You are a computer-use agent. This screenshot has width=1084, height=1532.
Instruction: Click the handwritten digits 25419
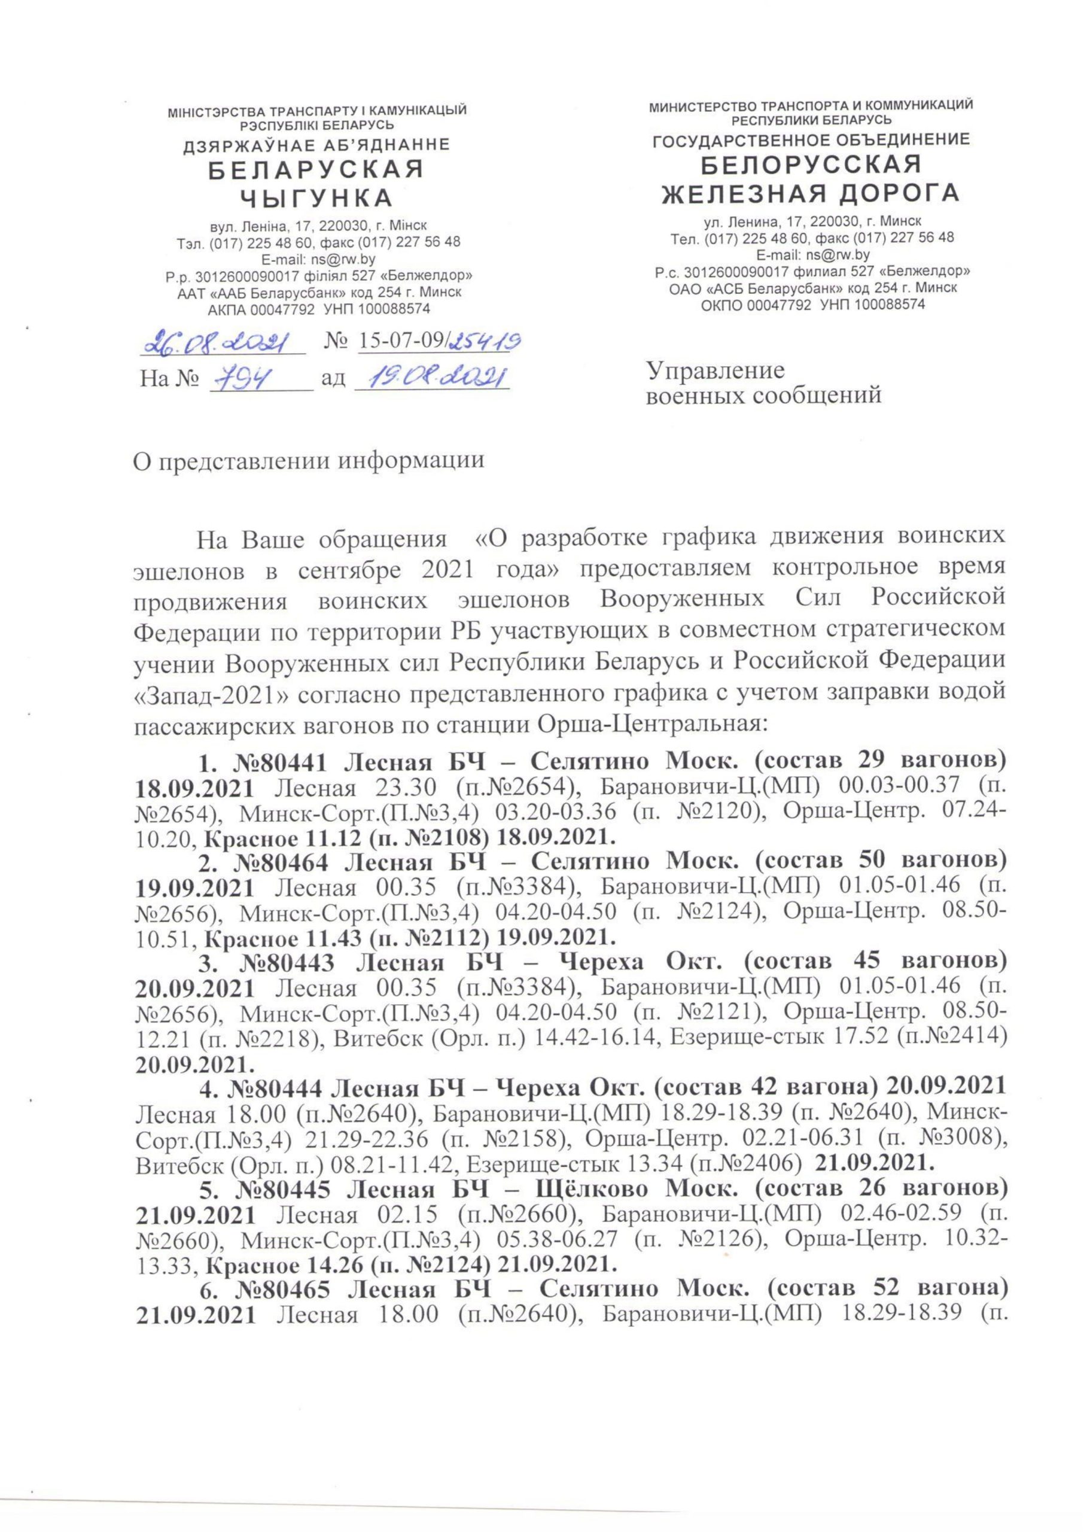click(x=486, y=342)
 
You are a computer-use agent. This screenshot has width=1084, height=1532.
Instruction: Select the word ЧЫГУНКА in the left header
click(x=316, y=198)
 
